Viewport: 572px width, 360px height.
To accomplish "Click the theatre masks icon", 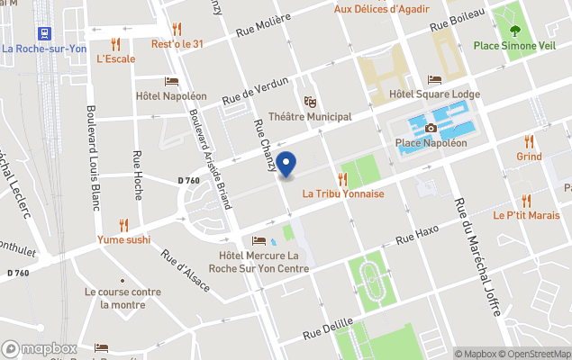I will [310, 101].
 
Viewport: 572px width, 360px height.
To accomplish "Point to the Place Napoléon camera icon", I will [431, 129].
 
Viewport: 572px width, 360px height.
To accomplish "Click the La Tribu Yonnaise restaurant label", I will [343, 193].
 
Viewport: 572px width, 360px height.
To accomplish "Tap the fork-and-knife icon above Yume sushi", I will [123, 225].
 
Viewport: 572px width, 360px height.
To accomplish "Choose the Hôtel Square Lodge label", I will [434, 94].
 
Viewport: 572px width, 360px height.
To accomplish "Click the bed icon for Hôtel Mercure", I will [259, 241].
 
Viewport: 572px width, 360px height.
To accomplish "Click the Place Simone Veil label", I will [513, 45].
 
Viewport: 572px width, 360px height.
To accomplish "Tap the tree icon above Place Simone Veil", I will [513, 14].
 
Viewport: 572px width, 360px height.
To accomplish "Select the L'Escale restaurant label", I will [115, 59].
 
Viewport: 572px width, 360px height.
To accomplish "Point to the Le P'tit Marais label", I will [526, 216].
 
